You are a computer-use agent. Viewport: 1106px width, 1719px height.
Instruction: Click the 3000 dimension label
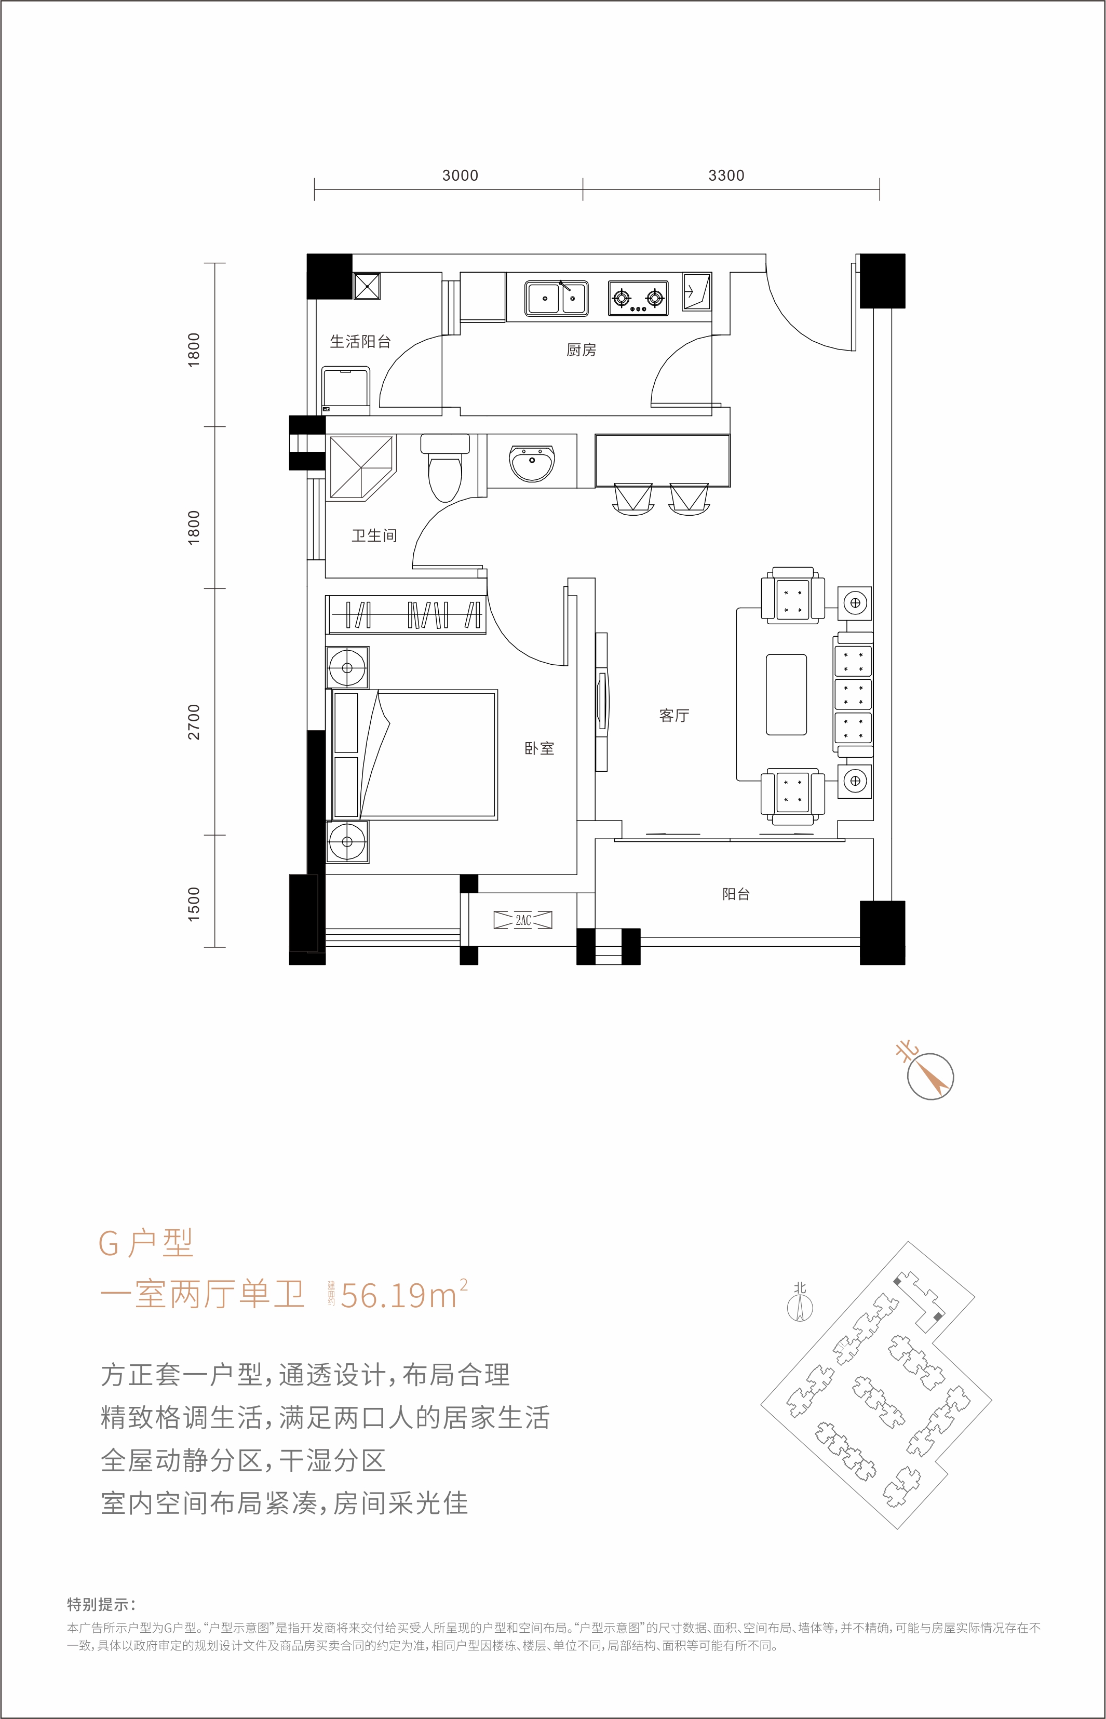pos(460,176)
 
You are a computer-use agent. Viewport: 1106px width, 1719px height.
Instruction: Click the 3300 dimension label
pos(726,176)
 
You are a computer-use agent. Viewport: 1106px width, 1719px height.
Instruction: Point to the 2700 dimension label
pos(194,721)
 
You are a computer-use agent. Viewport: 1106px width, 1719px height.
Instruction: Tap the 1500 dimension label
pos(194,904)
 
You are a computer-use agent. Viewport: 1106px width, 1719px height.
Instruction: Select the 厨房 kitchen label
pos(581,350)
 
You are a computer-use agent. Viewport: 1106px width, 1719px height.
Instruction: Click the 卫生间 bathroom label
pos(373,535)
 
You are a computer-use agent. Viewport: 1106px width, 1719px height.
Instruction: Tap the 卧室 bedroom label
pos(538,748)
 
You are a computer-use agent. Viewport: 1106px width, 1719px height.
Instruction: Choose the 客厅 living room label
pos(673,716)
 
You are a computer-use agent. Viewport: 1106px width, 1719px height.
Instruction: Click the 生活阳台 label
pos(360,342)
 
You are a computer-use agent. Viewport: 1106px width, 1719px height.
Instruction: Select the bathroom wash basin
pos(532,461)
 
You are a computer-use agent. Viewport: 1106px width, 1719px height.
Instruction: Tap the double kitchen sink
pos(556,298)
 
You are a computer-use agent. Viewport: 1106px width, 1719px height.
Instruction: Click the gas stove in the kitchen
pos(638,298)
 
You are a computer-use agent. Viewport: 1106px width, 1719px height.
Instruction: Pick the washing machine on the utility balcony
pos(345,390)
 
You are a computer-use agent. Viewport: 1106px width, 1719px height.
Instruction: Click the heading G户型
pos(146,1243)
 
